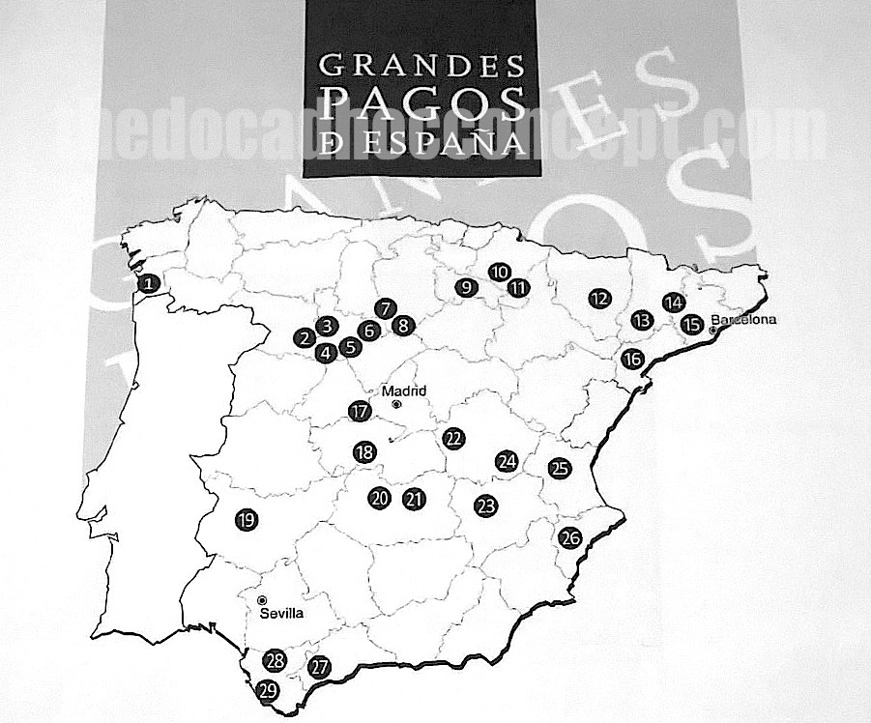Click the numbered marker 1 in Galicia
pos(148,283)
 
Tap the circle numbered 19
pos(246,520)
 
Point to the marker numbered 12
pos(599,299)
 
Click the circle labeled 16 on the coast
pos(633,360)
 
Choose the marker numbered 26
pos(569,538)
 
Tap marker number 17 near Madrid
pos(361,411)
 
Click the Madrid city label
pos(404,391)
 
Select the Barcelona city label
pos(744,320)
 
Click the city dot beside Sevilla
pos(262,601)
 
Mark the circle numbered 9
pos(466,286)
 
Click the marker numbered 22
pos(453,438)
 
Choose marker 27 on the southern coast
pos(319,666)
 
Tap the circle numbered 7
pos(385,309)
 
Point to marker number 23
pos(485,505)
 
